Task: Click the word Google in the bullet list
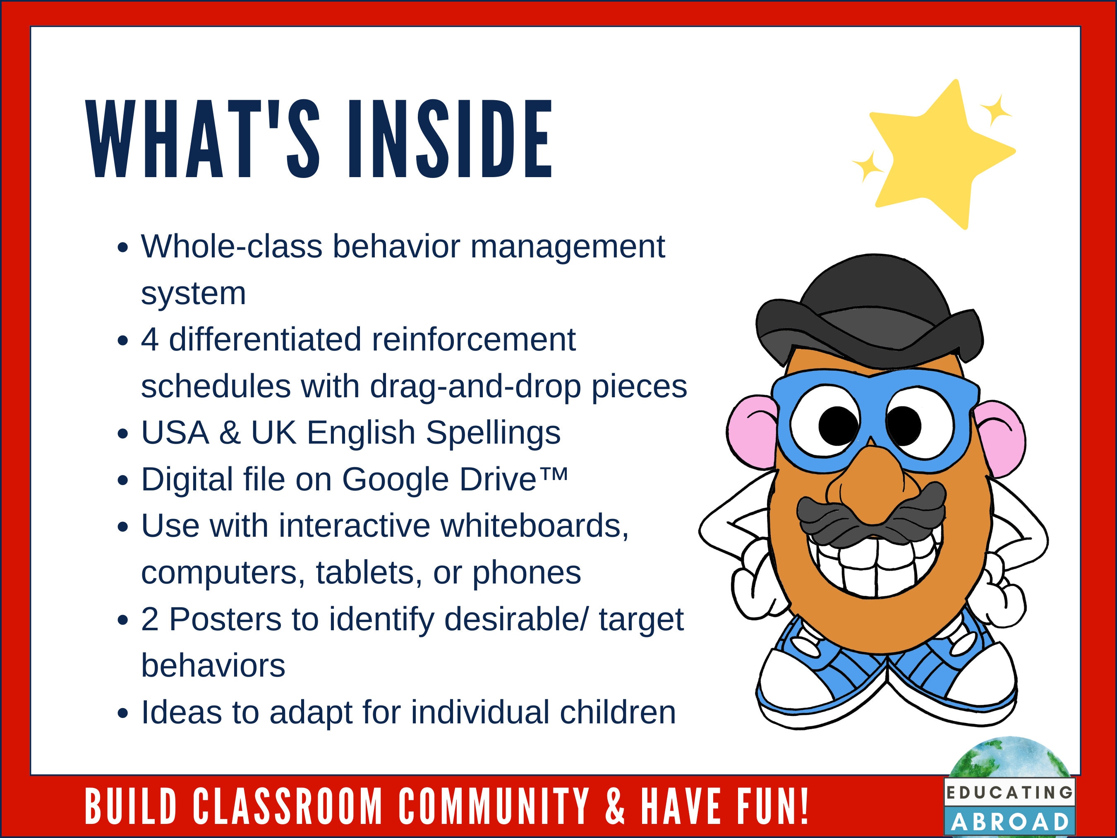396,479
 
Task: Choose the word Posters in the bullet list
244,619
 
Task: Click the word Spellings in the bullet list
493,433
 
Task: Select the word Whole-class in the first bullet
231,247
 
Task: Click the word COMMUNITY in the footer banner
494,806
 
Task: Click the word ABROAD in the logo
1010,822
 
